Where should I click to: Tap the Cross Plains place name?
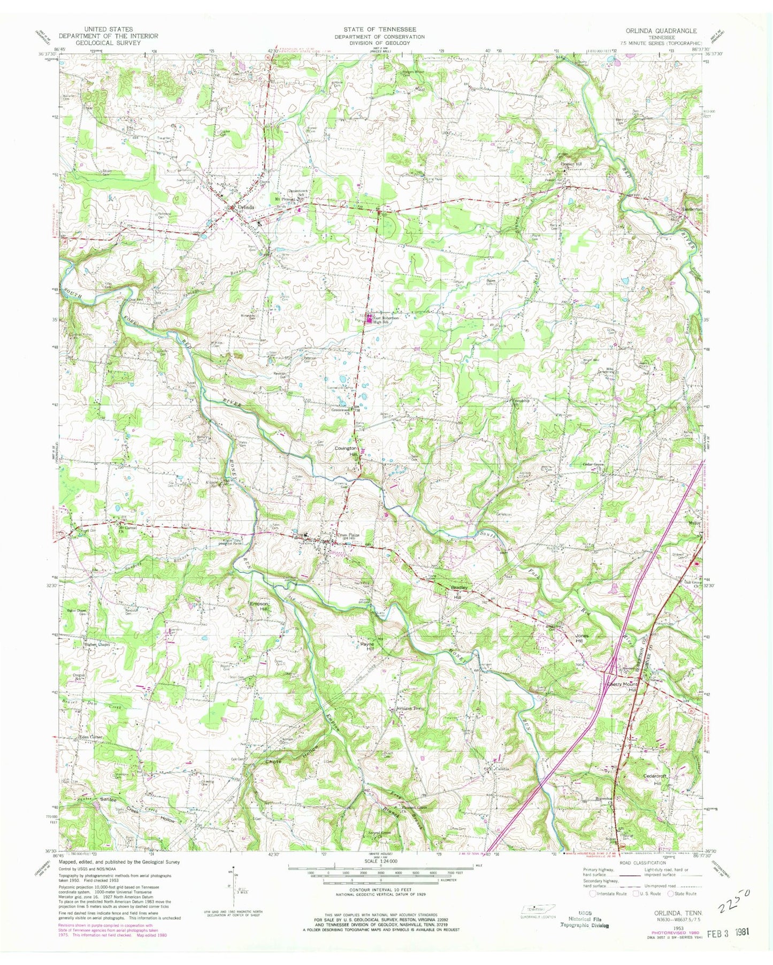[x=348, y=535]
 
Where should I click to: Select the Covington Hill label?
[x=346, y=451]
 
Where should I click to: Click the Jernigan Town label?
[x=409, y=709]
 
